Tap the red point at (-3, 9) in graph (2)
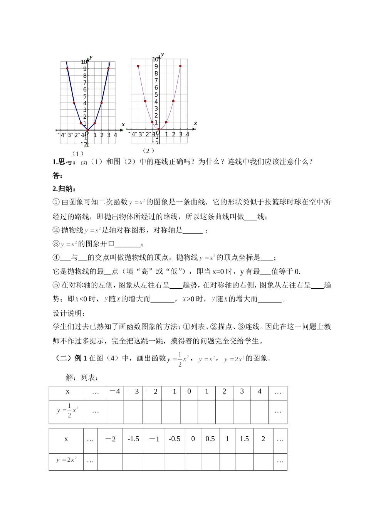tap(138, 66)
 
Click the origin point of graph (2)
tap(159, 129)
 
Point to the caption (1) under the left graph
tap(78, 153)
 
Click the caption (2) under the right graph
tap(148, 151)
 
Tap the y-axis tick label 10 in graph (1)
tap(84, 62)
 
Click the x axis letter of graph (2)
tap(195, 123)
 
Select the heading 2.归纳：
tap(64, 188)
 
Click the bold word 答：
tap(58, 175)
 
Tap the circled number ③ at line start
tap(56, 244)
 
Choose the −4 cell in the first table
tap(114, 392)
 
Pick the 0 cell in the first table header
tap(189, 392)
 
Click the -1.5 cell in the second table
tap(133, 439)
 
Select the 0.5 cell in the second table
tap(210, 439)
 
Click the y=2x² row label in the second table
tap(66, 460)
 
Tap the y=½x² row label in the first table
tap(67, 410)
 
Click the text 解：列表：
tap(82, 378)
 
